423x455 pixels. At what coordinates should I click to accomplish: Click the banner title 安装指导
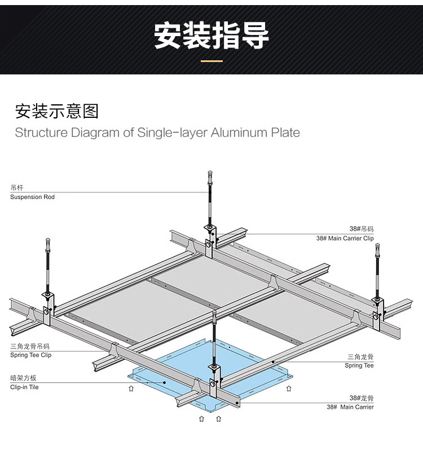click(211, 36)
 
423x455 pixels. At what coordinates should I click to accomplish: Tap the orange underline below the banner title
click(211, 60)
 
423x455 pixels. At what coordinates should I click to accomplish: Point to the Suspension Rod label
click(32, 197)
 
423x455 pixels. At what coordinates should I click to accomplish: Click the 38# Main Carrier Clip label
click(345, 238)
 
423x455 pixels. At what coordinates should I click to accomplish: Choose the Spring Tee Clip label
click(30, 355)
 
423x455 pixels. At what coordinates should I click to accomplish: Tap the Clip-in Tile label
click(24, 387)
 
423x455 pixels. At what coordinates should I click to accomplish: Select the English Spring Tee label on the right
click(359, 366)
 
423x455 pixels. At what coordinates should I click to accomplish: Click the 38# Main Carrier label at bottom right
click(350, 407)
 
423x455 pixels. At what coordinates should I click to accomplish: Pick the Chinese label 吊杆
click(17, 188)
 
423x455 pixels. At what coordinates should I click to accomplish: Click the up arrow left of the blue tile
click(131, 388)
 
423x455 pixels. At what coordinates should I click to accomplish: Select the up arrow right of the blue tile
click(289, 388)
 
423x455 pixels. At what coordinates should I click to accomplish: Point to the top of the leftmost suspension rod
click(47, 243)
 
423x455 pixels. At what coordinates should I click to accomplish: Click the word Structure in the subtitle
click(39, 133)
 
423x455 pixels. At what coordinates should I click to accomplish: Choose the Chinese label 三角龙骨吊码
click(30, 346)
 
